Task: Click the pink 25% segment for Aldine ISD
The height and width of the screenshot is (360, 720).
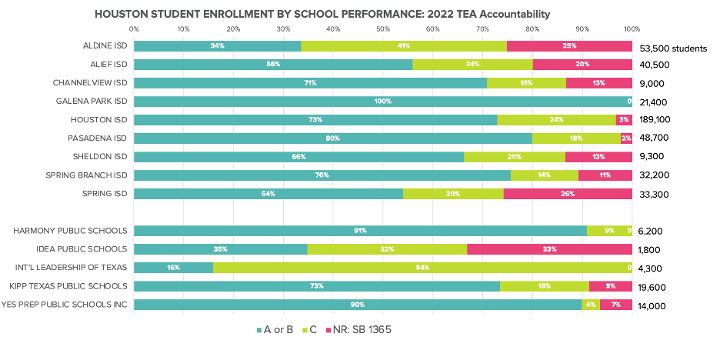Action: click(x=569, y=46)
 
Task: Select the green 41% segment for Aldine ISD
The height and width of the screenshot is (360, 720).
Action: click(x=404, y=46)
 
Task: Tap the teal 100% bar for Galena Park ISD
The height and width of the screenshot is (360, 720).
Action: click(x=382, y=102)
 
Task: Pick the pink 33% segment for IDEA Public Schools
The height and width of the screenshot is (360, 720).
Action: click(x=549, y=249)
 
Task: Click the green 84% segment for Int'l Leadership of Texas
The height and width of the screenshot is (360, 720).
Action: click(x=422, y=268)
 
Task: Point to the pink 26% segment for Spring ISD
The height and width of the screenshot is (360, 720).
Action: click(x=568, y=194)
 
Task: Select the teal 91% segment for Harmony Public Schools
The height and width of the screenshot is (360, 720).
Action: click(x=360, y=231)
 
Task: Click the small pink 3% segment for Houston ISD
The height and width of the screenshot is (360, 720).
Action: click(x=624, y=120)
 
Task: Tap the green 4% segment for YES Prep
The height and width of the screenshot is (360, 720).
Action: click(x=591, y=305)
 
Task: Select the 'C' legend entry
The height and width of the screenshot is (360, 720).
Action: click(x=315, y=330)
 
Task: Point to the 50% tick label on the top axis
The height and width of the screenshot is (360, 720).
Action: click(x=383, y=28)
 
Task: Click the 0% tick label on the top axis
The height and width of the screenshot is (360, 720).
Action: click(x=134, y=28)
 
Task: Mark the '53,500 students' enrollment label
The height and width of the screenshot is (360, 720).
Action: click(x=673, y=48)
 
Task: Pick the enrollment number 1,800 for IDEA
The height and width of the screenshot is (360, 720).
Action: click(x=652, y=250)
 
